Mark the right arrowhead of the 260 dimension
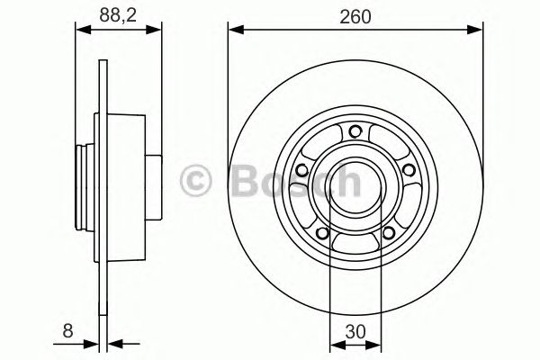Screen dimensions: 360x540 (x=470, y=30)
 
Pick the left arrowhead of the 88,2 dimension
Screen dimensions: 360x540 (x=79, y=30)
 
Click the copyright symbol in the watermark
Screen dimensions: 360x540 (x=197, y=180)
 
